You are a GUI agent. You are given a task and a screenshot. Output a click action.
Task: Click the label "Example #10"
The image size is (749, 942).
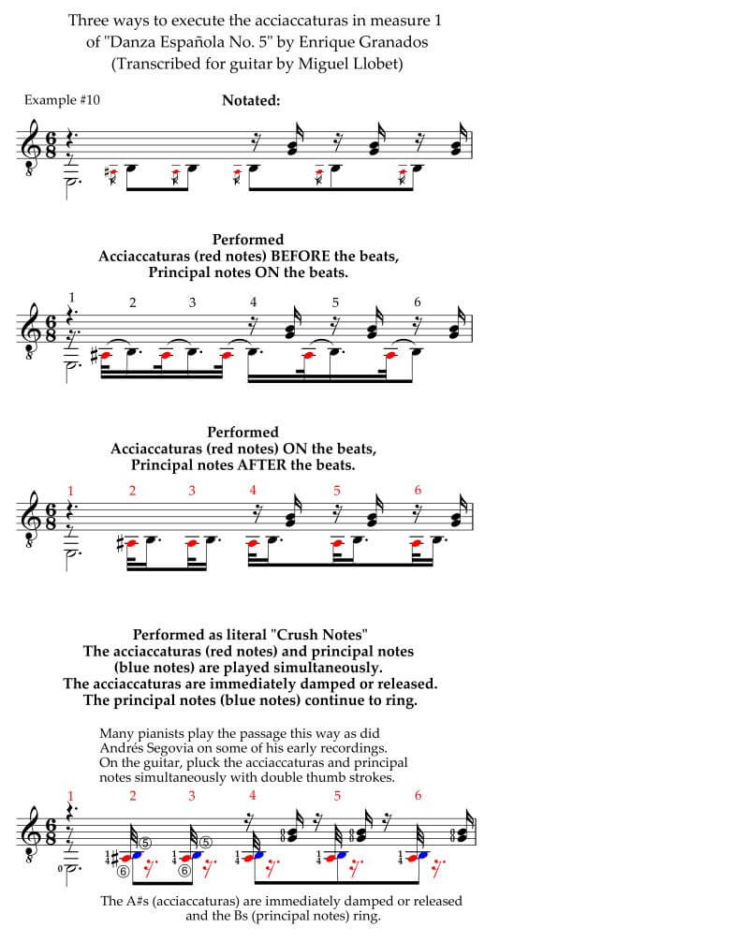(x=59, y=99)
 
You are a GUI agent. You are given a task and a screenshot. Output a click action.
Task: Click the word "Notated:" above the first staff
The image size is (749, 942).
(x=251, y=100)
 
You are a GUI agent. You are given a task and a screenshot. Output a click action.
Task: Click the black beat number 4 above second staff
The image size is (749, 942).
(x=254, y=302)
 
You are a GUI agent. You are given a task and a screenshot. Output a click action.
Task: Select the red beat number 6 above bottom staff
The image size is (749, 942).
(x=418, y=795)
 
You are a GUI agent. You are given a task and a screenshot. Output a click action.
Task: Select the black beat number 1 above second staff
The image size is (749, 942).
(x=71, y=298)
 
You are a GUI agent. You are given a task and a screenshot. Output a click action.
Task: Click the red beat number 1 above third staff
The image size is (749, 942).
(x=71, y=491)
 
